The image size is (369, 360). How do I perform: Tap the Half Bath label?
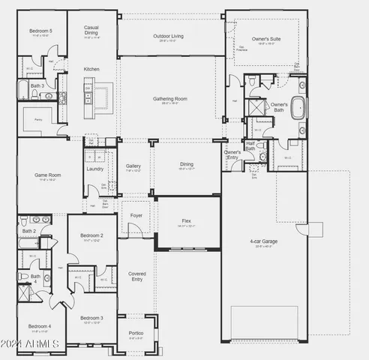coord(250,146)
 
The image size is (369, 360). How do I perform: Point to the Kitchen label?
coord(91,69)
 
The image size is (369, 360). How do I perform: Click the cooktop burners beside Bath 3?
coord(61,97)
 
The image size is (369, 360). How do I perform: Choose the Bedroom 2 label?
coord(91,235)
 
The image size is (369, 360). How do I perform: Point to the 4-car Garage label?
coord(263,241)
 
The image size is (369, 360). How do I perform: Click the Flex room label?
coord(186,220)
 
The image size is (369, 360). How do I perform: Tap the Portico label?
coord(136,334)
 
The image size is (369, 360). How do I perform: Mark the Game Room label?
coord(47,175)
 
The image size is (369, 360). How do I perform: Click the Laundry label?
coord(95,169)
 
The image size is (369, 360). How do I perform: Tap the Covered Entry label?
coord(136,276)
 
